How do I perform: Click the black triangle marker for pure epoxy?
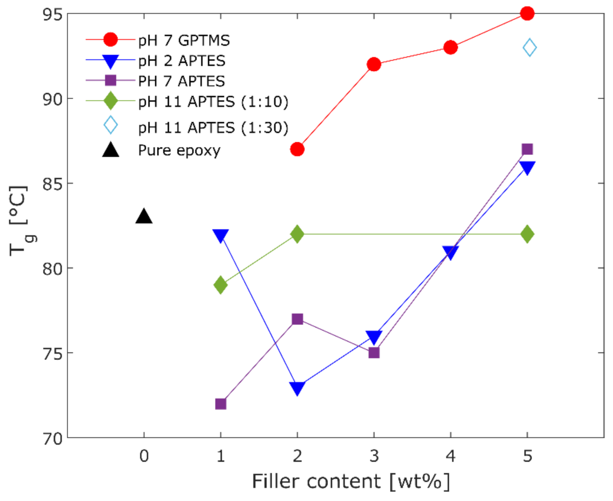pos(144,217)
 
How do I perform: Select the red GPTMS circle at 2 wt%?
pos(297,150)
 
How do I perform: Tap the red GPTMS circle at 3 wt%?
pos(374,64)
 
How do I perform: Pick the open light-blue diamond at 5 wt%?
pos(530,48)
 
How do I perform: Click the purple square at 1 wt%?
pos(221,404)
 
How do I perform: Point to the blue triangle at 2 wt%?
pos(297,388)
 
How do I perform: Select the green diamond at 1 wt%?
pos(221,285)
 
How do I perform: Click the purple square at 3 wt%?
pos(374,352)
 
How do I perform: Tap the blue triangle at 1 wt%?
pos(221,235)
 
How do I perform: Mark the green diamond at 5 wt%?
pos(527,234)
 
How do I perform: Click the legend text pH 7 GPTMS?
pos(184,41)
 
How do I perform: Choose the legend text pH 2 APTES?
pos(182,61)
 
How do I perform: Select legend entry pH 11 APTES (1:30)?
pos(213,128)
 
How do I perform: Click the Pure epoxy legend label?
pos(179,151)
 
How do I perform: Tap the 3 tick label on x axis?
pos(374,456)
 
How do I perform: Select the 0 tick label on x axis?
pos(144,456)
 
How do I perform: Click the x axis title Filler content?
pos(350,481)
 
